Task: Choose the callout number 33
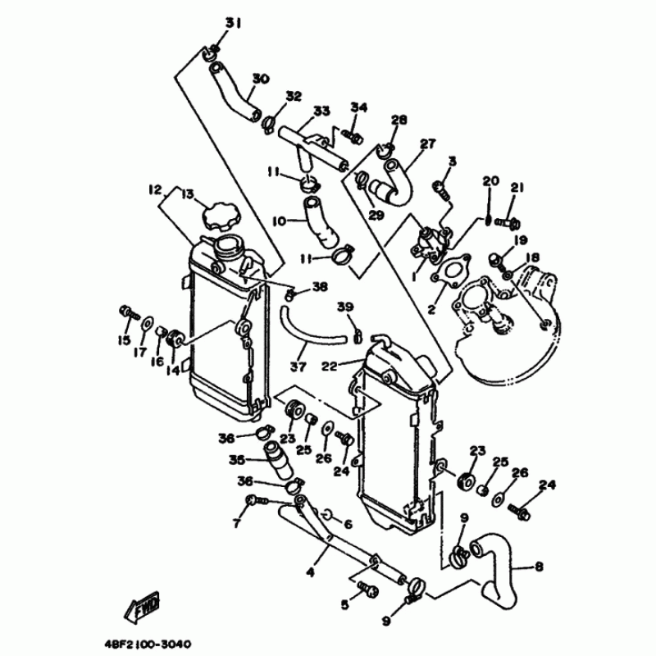click(321, 110)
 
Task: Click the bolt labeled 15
click(127, 312)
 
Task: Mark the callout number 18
click(534, 257)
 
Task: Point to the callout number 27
click(427, 144)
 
